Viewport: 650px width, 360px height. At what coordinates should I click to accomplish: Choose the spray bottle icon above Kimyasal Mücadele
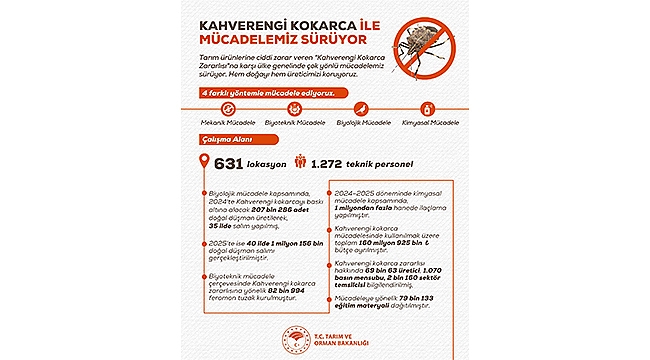tap(427, 107)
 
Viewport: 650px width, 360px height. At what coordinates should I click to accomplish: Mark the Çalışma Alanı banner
tap(215, 140)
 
